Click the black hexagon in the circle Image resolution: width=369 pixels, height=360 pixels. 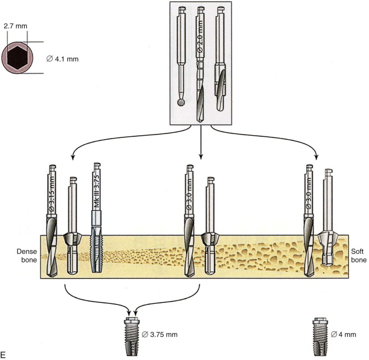pos(19,57)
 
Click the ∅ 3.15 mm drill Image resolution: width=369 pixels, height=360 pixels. pos(52,224)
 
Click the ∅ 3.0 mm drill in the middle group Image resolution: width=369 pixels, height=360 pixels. pos(191,224)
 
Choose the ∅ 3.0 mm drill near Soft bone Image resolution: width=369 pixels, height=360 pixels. pos(308,224)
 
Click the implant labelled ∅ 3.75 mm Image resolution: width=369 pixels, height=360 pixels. pos(133,334)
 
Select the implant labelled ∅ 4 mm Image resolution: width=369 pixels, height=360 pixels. pos(321,333)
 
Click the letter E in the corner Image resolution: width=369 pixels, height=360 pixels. pos(4,354)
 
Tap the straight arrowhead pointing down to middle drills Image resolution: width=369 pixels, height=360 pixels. pos(201,159)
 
